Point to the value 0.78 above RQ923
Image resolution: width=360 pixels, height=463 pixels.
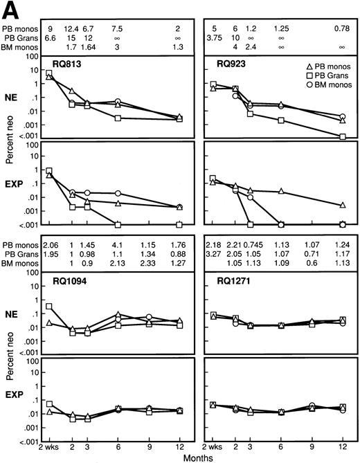[x=342, y=28]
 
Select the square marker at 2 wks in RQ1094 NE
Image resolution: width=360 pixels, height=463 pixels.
[x=49, y=306]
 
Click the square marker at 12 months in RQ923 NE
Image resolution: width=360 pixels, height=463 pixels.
[x=343, y=137]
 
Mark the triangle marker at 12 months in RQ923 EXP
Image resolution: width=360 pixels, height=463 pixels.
[x=343, y=205]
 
